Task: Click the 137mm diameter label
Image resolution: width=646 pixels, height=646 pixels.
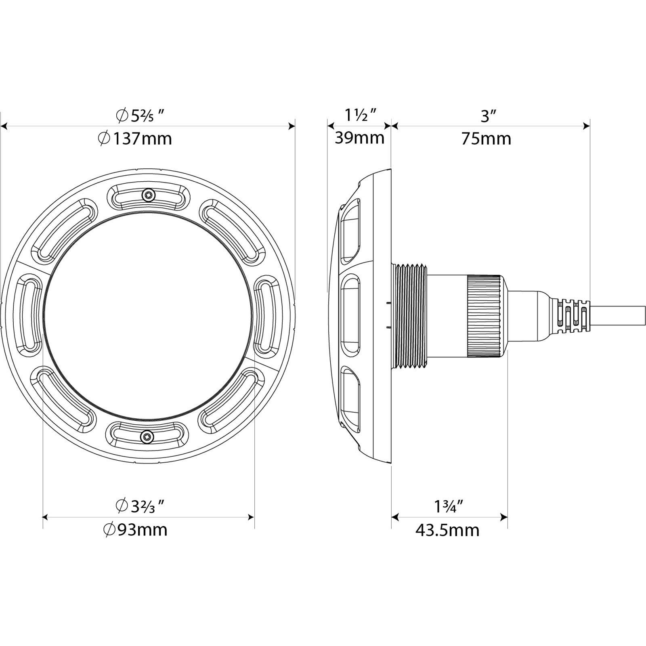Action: (135, 139)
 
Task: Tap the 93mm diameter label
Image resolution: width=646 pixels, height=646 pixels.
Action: (135, 530)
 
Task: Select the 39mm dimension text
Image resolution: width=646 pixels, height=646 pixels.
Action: (359, 138)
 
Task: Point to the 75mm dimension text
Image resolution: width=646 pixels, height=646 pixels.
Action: (487, 139)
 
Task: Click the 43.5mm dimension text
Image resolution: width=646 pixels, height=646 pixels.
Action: (447, 530)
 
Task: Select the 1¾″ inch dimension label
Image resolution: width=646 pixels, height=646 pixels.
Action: (448, 507)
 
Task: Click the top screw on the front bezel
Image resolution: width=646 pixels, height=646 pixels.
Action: (148, 195)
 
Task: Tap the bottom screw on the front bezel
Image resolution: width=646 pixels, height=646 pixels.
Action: (148, 436)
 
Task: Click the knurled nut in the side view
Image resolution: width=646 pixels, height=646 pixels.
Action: (484, 316)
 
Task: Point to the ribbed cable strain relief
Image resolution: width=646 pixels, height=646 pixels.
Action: (571, 316)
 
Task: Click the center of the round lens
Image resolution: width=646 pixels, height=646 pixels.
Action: (148, 316)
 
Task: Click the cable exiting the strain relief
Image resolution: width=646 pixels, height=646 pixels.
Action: (618, 316)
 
